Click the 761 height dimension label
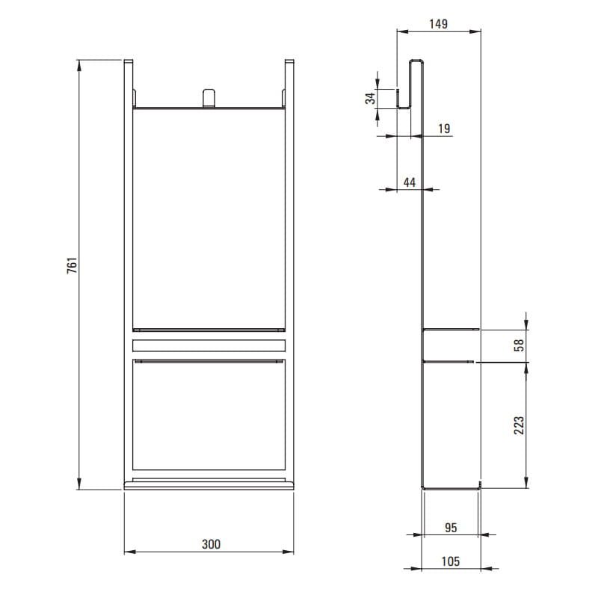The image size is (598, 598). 72,265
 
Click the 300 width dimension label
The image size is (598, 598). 211,544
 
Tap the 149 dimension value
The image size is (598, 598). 438,24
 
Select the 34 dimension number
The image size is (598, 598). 370,99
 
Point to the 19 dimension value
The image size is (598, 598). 444,129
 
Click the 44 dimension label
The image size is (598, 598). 409,182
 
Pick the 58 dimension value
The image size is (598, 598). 519,345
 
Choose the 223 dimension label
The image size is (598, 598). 519,425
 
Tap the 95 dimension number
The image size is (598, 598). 451,528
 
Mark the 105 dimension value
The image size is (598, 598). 451,561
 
